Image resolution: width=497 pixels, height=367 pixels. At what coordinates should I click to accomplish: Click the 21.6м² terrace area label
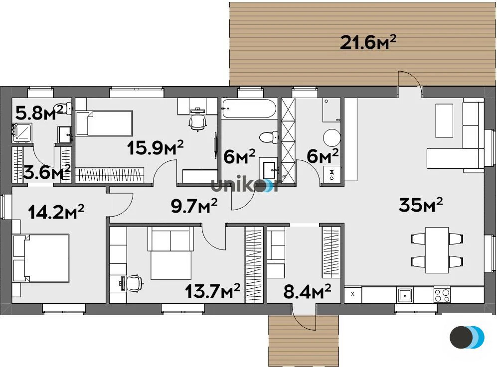[x=368, y=43]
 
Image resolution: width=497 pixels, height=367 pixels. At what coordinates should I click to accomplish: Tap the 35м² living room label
[x=421, y=205]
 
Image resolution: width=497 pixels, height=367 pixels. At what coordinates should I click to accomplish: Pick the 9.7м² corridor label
[x=194, y=205]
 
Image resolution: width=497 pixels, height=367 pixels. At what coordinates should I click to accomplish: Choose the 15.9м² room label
[x=155, y=147]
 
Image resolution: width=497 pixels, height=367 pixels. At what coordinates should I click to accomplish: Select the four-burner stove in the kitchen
[x=442, y=295]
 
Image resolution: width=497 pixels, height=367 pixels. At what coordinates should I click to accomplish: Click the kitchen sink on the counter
[x=404, y=295]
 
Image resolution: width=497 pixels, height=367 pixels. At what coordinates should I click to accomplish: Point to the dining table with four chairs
[x=437, y=249]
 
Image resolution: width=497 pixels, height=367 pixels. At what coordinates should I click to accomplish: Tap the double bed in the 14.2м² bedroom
[x=41, y=258]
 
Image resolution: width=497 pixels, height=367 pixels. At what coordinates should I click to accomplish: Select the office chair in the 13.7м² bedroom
[x=133, y=283]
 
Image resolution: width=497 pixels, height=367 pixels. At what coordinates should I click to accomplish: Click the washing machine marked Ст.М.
[x=332, y=174]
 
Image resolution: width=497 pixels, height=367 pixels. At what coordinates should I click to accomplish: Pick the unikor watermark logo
[x=245, y=185]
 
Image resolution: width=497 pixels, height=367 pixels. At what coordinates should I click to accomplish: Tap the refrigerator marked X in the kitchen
[x=353, y=294]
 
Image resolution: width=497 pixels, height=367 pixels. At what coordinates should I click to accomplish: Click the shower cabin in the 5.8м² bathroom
[x=22, y=131]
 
